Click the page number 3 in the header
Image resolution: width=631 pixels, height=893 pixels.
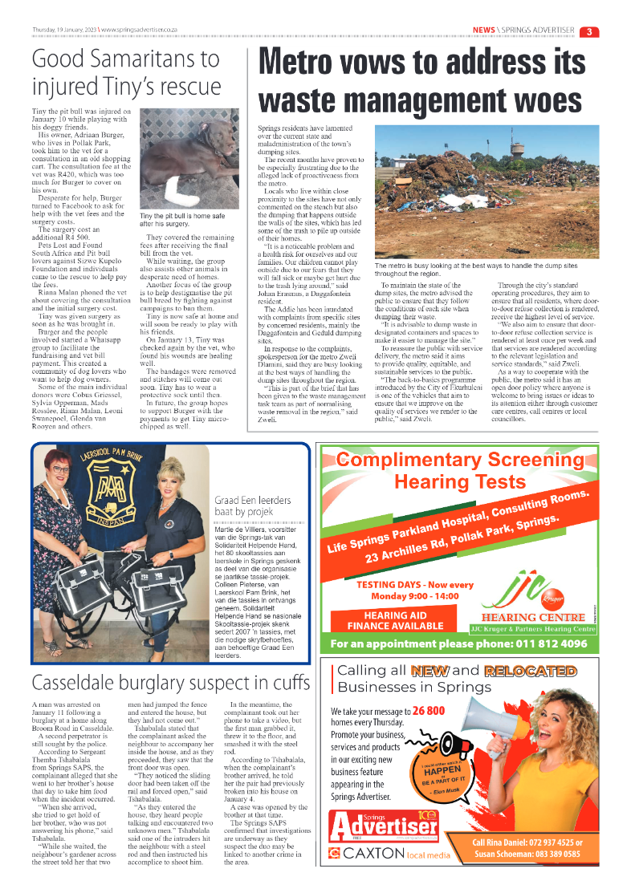pos(589,31)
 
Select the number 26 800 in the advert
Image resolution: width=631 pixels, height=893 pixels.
pos(429,711)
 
